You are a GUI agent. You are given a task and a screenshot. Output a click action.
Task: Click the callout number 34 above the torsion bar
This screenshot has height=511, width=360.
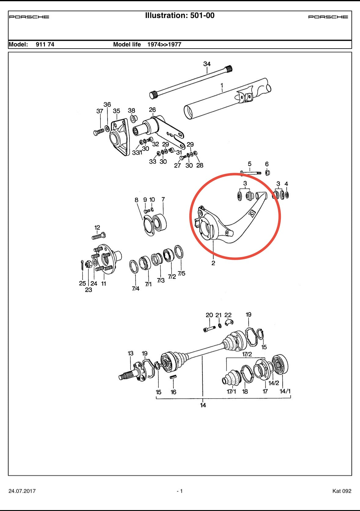point(207,64)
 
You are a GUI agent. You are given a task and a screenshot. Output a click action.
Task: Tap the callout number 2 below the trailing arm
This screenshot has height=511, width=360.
point(213,263)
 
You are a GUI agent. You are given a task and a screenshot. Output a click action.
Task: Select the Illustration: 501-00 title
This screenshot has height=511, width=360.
point(180,16)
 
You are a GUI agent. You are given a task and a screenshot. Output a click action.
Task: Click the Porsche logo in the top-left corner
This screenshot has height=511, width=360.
point(29,17)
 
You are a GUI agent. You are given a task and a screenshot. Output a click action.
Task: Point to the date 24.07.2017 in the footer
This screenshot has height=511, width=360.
point(22,491)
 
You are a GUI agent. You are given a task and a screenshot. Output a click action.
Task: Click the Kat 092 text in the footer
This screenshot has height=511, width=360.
point(342,491)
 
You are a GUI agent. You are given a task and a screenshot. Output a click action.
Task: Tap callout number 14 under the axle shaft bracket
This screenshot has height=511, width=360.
point(203,405)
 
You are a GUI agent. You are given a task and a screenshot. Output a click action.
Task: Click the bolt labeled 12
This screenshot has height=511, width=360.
point(99,236)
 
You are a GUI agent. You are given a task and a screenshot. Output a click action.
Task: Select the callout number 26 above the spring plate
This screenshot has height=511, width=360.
point(152,110)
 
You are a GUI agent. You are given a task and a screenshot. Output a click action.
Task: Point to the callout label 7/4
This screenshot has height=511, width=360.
point(136,288)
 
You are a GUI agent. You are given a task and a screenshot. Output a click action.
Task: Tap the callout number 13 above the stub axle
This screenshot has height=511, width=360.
point(130,353)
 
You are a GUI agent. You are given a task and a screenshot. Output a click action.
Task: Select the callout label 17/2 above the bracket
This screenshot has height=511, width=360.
point(247,354)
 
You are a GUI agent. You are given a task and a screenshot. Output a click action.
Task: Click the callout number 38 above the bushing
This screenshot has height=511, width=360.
point(131,110)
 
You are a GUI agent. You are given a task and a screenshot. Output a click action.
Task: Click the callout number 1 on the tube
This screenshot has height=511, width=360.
point(222,85)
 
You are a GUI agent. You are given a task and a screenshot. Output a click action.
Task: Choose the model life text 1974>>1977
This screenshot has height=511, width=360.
point(164,44)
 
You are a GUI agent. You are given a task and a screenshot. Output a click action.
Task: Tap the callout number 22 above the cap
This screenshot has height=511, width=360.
point(228,315)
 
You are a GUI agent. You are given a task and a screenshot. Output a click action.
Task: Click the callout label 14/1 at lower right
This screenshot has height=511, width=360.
point(285,391)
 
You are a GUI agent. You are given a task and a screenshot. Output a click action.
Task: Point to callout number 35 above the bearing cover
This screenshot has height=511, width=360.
point(116,111)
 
